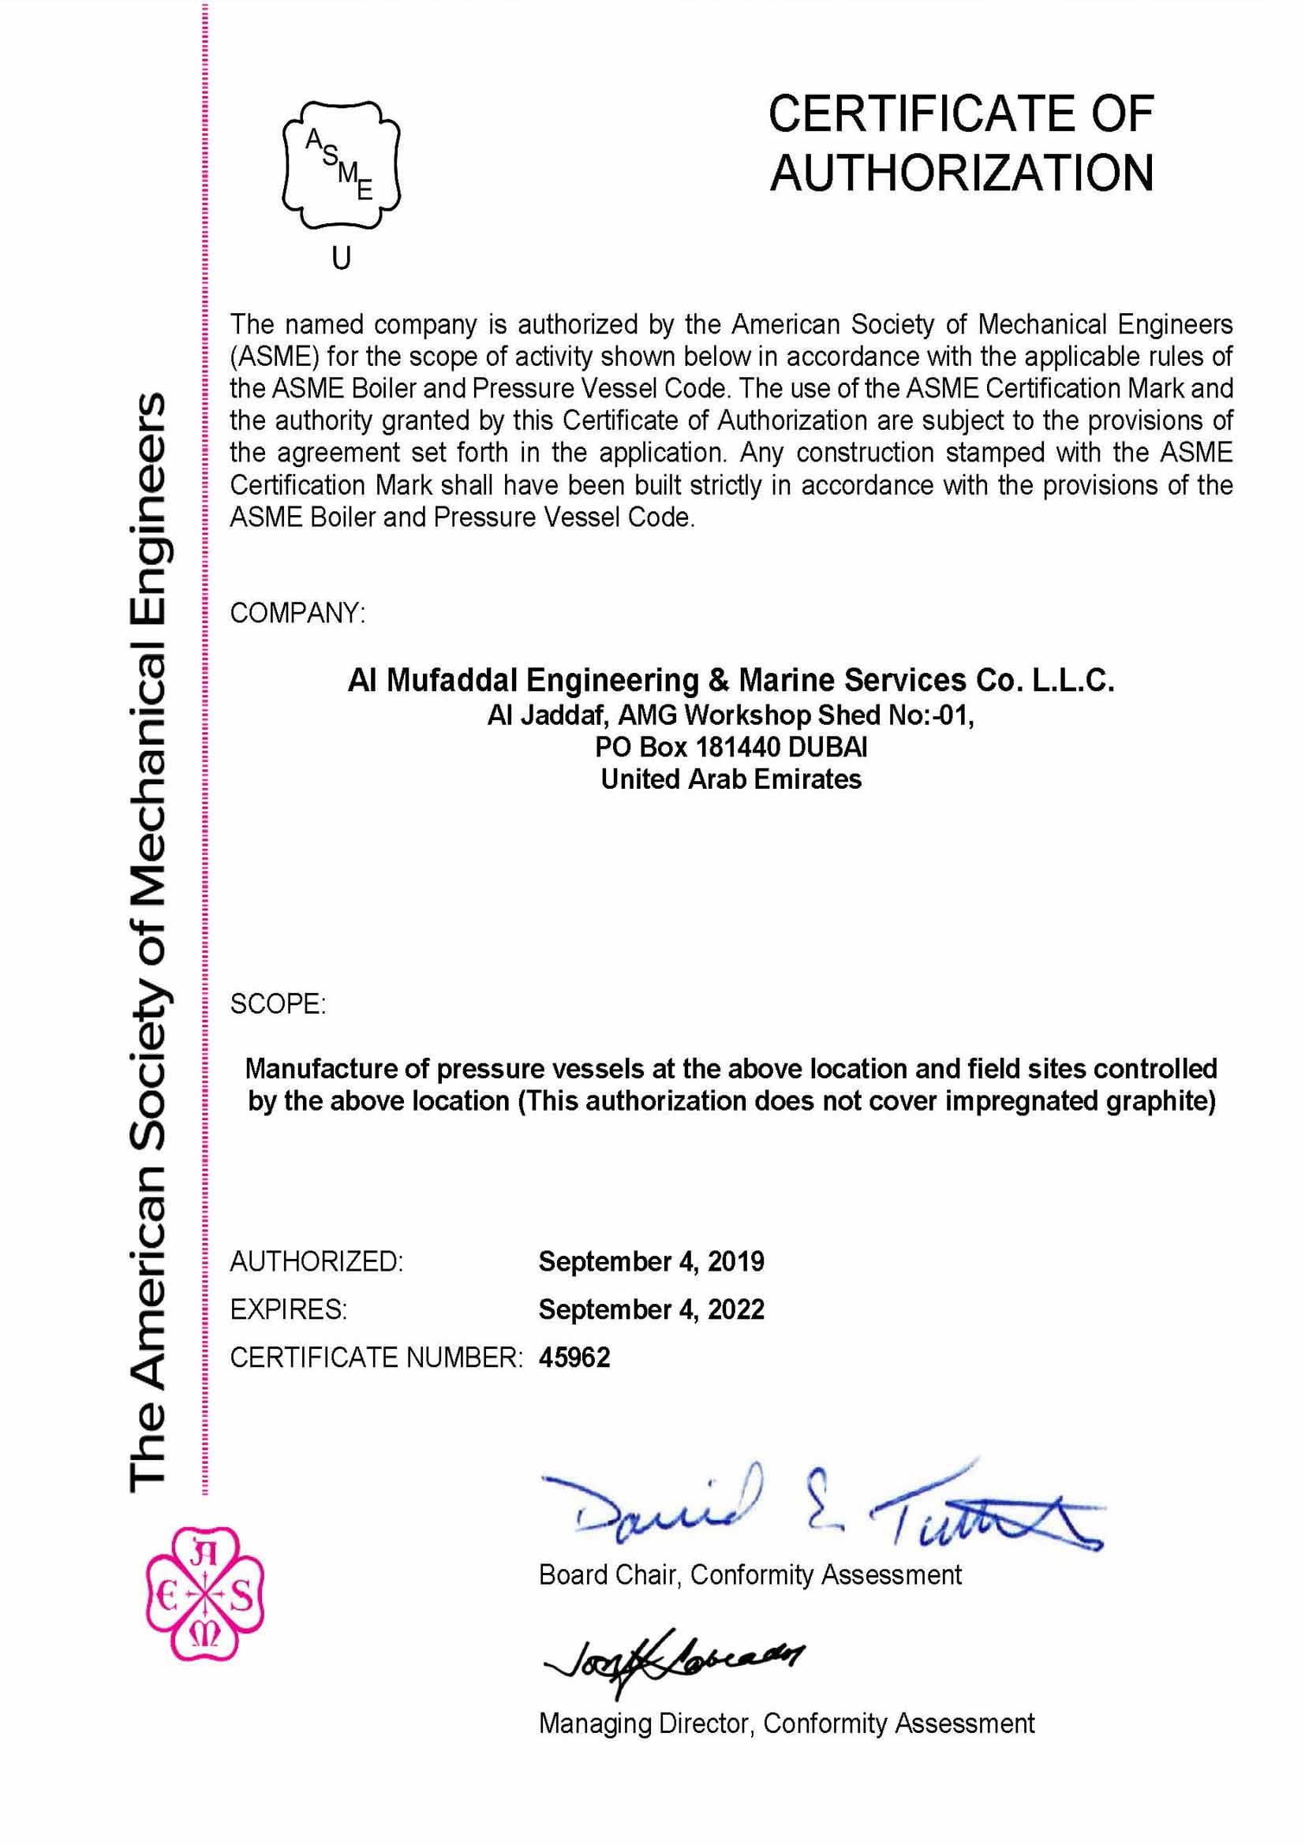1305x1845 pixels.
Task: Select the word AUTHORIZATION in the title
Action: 962,174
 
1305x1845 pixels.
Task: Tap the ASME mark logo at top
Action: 341,166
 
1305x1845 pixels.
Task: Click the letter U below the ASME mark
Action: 342,258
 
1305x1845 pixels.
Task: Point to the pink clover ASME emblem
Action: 205,1593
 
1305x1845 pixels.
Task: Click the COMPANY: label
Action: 297,613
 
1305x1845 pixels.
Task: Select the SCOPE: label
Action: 278,1003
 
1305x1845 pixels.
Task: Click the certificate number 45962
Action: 574,1358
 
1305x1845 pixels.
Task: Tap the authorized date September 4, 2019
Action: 651,1261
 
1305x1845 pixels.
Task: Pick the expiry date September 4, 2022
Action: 651,1309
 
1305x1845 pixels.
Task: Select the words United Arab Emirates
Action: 731,779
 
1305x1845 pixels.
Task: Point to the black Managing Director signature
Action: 673,1657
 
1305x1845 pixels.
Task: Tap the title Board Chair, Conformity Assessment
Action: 750,1574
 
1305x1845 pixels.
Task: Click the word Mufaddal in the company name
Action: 452,681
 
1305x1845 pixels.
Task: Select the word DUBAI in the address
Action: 827,747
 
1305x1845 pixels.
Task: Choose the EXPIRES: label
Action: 289,1309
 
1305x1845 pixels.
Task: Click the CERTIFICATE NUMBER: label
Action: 376,1358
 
